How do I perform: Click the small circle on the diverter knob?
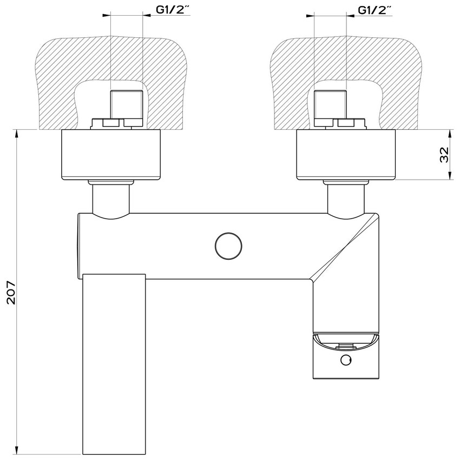tap(345, 361)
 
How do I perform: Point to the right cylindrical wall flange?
tap(347, 155)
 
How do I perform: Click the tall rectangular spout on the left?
tap(115, 363)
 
